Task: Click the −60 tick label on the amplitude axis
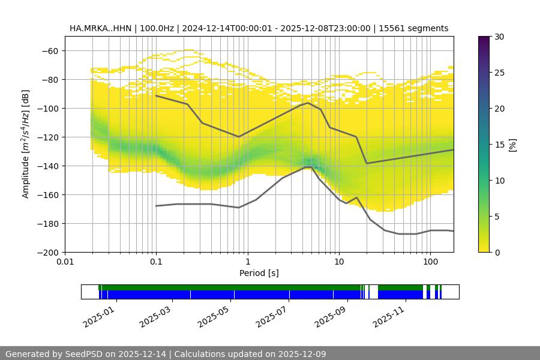tap(50, 51)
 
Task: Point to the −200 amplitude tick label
tap(47, 253)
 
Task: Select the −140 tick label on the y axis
tap(47, 166)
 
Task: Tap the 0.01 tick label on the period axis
tap(65, 262)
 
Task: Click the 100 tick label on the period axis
tap(430, 262)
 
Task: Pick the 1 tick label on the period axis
tap(247, 262)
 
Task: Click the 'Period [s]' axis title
tap(259, 273)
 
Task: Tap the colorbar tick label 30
tap(499, 37)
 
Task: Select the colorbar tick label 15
tap(499, 145)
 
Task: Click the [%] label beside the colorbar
tap(512, 145)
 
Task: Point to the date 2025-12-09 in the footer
tap(298, 354)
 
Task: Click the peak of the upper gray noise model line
tap(308, 103)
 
